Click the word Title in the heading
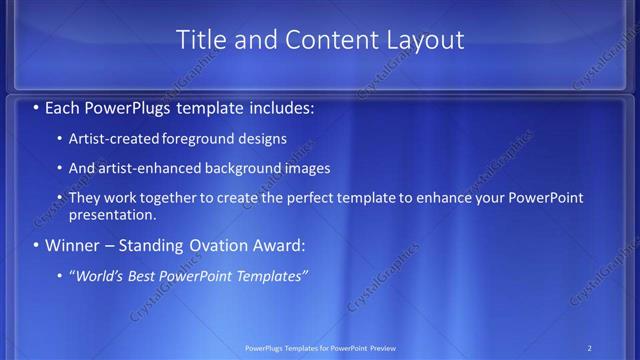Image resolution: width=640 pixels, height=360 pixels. point(200,40)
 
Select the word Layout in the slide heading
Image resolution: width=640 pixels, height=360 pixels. point(427,40)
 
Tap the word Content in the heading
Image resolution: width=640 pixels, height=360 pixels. point(327,40)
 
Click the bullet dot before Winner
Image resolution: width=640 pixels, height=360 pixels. point(37,245)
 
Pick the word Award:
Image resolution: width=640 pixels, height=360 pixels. point(274,245)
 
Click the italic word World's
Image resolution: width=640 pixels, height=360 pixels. point(98,275)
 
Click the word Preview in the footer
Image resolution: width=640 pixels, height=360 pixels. point(389,347)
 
